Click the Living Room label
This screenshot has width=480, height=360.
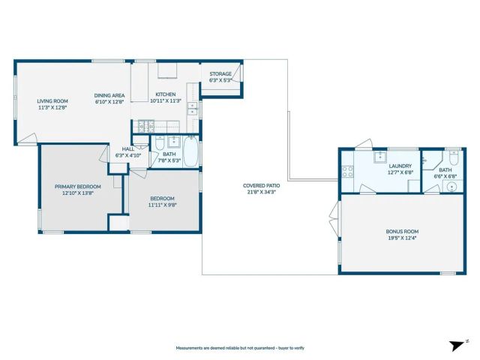52,100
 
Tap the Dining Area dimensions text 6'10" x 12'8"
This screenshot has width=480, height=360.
109,102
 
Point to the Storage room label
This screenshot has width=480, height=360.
220,74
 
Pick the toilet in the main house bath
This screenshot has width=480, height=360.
160,145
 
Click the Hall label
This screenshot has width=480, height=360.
128,148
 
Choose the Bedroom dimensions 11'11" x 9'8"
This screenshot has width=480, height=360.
163,204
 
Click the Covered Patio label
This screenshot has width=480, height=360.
261,186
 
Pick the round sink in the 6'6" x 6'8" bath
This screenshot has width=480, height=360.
453,186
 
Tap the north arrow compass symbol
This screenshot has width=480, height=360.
454,345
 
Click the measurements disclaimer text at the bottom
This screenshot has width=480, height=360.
239,348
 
